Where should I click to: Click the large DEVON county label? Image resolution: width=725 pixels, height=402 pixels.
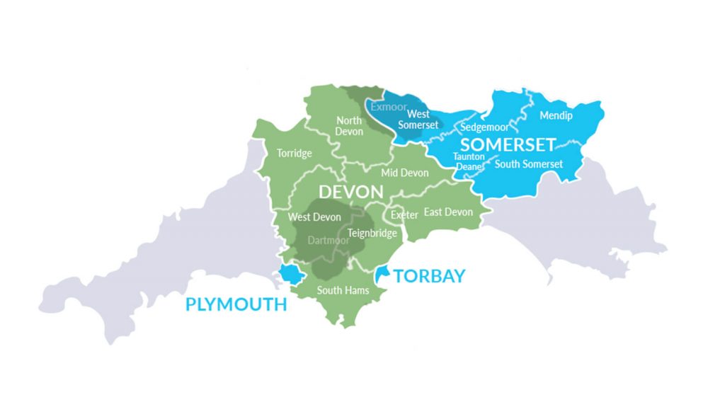point(351,192)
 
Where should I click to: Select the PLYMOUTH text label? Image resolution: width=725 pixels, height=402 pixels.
point(236,304)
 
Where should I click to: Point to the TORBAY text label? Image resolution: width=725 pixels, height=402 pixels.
point(430,276)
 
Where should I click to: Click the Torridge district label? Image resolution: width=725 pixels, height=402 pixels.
point(294,154)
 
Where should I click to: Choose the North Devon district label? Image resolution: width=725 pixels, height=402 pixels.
point(349,126)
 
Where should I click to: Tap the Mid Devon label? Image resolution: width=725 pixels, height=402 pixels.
point(405,173)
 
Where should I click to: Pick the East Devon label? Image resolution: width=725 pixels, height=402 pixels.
point(448,212)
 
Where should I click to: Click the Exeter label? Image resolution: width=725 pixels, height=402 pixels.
point(404,214)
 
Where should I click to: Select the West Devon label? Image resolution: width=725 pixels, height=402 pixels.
point(314,217)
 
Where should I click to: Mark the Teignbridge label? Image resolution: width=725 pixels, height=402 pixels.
point(373,233)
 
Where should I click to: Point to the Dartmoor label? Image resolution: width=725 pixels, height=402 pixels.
point(329,241)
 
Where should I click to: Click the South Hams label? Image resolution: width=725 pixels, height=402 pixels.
point(343,290)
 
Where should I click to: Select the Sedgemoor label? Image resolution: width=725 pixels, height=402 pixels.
point(485,128)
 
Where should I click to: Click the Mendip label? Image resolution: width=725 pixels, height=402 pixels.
point(556,115)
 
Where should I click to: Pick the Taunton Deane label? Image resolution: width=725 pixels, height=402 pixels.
point(468,161)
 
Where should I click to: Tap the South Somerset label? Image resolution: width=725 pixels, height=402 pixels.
point(529,164)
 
